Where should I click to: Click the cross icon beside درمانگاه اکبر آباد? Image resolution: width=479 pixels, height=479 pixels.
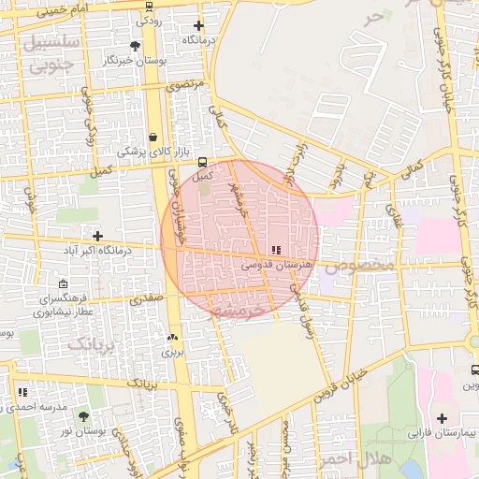97,235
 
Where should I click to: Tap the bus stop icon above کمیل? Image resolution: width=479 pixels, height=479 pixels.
203,162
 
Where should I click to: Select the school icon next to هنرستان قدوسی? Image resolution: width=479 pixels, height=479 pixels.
275,250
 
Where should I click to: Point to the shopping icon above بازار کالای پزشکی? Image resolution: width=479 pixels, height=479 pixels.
152,138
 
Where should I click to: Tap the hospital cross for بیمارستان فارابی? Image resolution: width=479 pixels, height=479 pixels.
442,418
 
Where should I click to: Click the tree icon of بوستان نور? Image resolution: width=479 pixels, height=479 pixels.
83,415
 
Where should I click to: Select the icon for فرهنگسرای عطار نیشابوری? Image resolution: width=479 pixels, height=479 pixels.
63,284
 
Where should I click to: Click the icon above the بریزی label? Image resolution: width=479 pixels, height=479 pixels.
171,338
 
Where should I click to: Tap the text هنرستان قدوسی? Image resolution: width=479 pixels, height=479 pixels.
276,266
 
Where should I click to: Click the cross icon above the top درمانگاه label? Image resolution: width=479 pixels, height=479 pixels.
197,25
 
